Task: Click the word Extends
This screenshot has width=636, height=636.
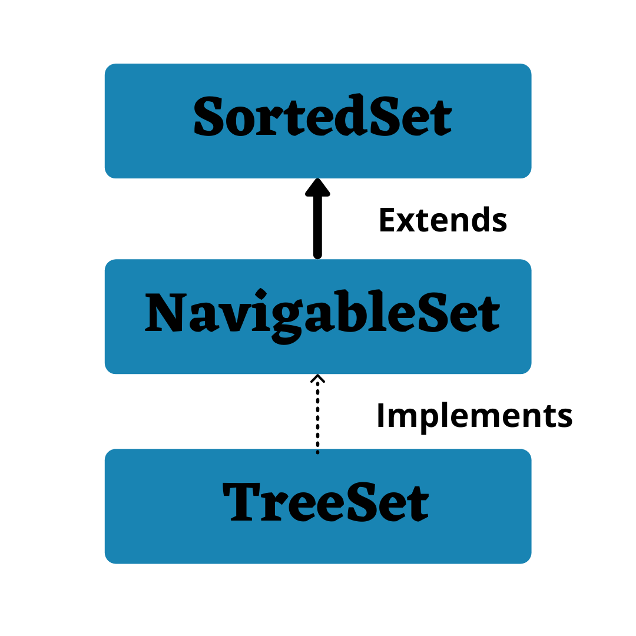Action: tap(442, 221)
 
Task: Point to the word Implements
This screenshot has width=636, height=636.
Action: tap(474, 416)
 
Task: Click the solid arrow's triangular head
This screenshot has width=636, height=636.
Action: tap(317, 187)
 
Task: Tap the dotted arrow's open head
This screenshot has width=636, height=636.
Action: tap(317, 378)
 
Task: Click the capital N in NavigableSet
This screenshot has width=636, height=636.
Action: tap(165, 312)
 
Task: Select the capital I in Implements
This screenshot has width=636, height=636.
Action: tap(380, 416)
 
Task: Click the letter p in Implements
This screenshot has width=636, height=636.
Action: tap(423, 419)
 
